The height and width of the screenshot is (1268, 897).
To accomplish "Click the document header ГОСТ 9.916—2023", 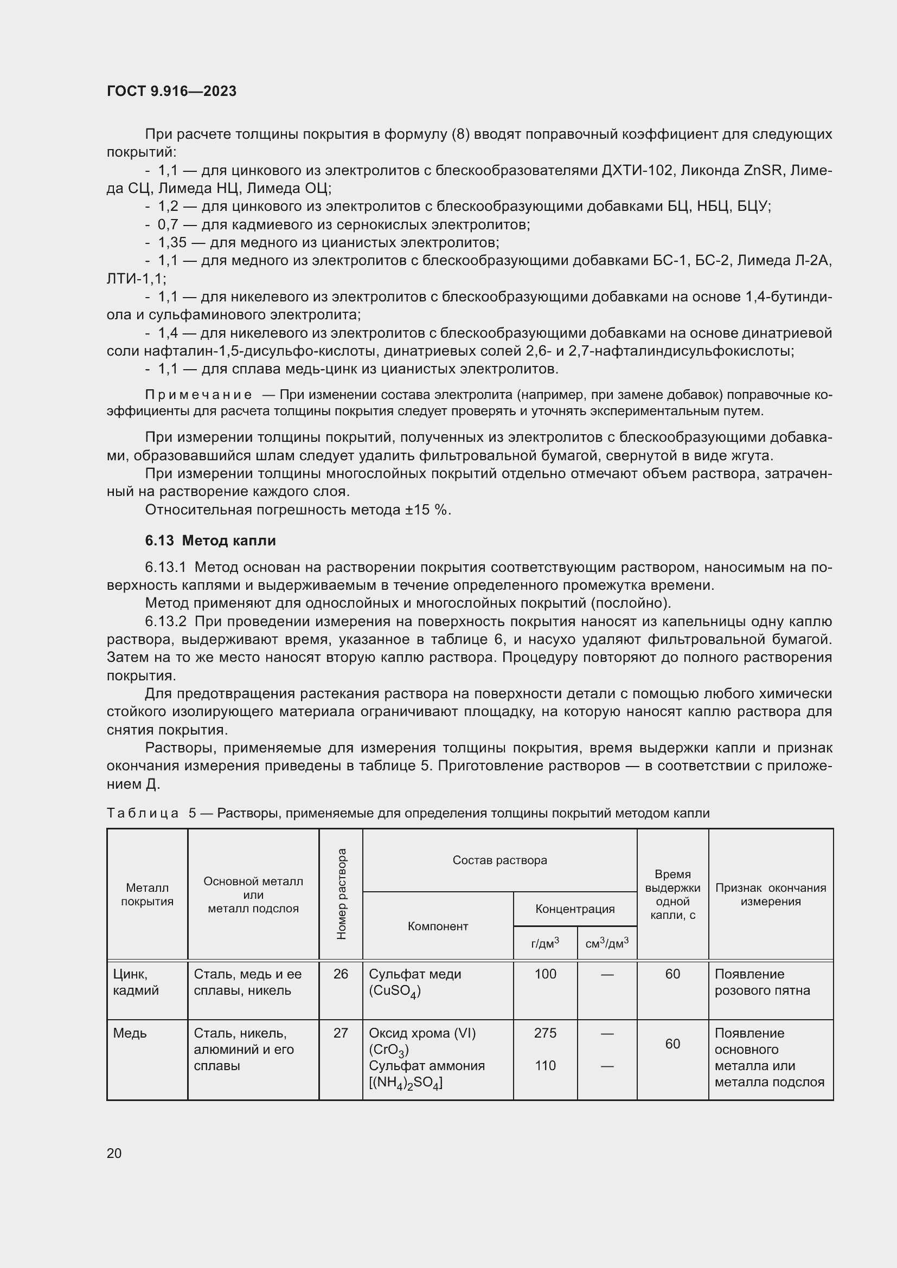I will click(171, 91).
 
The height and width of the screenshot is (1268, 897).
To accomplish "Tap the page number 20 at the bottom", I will click(114, 1153).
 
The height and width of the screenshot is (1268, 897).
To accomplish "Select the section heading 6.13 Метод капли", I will click(210, 540).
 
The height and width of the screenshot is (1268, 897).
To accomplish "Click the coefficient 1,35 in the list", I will click(172, 242).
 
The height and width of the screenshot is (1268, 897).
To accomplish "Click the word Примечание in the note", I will click(198, 395).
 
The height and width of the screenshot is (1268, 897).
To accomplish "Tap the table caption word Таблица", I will click(143, 813).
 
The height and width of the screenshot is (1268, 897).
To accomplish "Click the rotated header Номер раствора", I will click(341, 894).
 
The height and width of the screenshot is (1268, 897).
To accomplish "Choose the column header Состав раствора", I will click(499, 860).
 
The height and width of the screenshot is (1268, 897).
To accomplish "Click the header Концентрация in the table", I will click(574, 909).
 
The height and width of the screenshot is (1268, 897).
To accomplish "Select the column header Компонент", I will click(438, 926).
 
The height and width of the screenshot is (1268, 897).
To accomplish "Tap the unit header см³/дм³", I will click(606, 944).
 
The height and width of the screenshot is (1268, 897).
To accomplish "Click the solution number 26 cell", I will click(341, 974).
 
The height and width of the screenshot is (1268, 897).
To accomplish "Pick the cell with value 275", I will click(544, 1033).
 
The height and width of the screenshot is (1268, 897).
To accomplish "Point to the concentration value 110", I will click(544, 1066).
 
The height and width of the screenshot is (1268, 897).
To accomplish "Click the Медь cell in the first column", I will click(130, 1033).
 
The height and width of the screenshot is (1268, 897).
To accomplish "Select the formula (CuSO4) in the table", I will click(395, 992).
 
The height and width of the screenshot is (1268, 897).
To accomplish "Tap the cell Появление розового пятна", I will click(761, 982).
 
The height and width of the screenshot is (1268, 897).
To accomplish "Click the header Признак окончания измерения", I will click(770, 894).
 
